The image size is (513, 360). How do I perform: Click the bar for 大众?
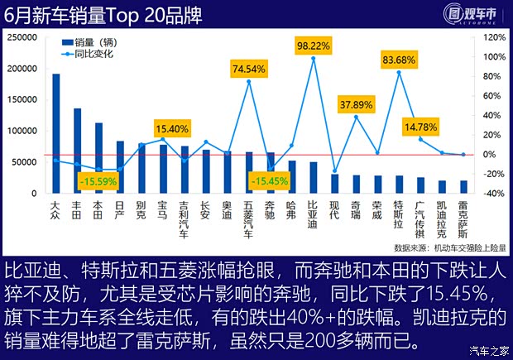click(x=56, y=133)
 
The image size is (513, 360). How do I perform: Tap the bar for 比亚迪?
click(x=314, y=177)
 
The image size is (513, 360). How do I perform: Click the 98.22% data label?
click(x=314, y=46)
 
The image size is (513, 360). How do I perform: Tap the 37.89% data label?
click(x=357, y=105)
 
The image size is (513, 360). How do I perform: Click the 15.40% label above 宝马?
click(x=173, y=128)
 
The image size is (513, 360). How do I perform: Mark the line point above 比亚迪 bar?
click(x=314, y=59)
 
